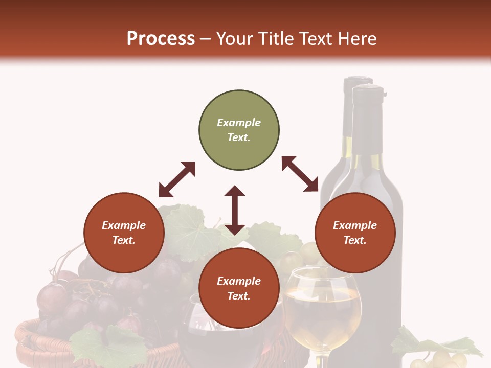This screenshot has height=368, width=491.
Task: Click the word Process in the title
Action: click(161, 39)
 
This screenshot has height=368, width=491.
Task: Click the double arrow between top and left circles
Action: click(177, 179)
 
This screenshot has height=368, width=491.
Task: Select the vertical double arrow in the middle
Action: click(235, 210)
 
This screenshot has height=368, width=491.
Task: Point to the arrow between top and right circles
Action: click(300, 174)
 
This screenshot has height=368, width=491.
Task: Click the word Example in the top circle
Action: click(239, 123)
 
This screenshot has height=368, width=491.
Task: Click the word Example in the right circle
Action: click(355, 225)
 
